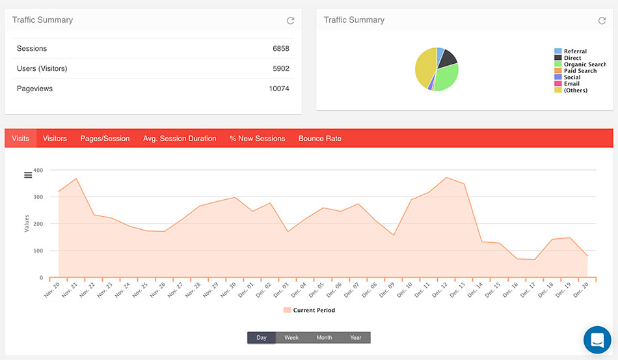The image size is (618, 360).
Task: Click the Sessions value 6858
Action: tap(280, 49)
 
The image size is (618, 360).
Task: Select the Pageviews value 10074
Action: tap(278, 89)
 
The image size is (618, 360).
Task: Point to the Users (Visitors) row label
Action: tap(42, 68)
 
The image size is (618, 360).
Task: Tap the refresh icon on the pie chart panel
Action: tap(602, 21)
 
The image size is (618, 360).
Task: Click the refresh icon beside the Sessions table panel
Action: tap(290, 21)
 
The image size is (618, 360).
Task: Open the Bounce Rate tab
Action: tap(319, 139)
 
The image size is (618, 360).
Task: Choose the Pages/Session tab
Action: tap(105, 139)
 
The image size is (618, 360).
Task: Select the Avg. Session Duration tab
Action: tap(180, 139)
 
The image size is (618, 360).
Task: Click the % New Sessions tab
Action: tap(257, 139)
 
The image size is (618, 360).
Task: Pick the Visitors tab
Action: tap(55, 139)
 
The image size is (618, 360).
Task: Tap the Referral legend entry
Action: tap(574, 51)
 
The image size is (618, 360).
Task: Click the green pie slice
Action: tap(448, 77)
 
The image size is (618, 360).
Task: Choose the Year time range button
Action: tap(355, 338)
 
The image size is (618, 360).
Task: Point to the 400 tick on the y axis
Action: tap(38, 171)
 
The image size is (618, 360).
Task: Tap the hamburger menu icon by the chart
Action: tap(28, 174)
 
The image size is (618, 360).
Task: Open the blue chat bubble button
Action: tap(597, 339)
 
